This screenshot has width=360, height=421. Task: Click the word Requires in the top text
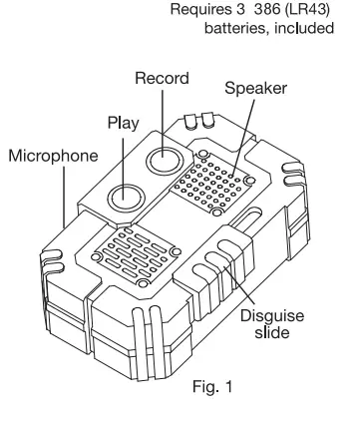click(201, 11)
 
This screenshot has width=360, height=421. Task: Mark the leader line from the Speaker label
click(242, 130)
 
